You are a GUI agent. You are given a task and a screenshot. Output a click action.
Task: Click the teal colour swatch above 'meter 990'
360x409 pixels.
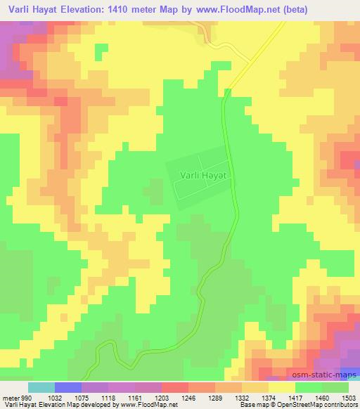[x=41, y=387]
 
